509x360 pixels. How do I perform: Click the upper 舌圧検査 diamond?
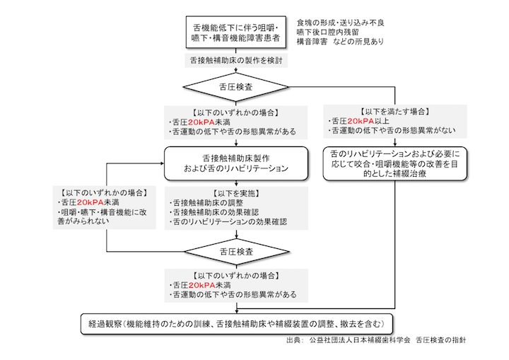(x=235, y=87)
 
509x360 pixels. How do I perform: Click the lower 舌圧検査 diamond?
(x=236, y=252)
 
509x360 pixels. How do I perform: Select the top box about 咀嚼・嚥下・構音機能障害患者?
(x=236, y=33)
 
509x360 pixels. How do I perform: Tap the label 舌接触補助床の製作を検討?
(x=236, y=61)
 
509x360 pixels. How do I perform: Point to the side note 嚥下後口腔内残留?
(x=328, y=32)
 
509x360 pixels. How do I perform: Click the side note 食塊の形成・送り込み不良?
(x=341, y=23)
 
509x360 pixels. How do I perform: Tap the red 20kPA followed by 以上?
(x=361, y=121)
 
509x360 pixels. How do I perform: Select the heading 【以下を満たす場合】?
(x=394, y=112)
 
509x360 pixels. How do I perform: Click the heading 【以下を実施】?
(x=236, y=194)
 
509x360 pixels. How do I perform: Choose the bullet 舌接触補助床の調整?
(x=206, y=203)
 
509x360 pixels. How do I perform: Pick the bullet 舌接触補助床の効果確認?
(x=214, y=212)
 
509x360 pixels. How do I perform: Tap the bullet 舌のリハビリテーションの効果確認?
(x=228, y=222)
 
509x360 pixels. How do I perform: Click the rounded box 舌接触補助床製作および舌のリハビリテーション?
(x=236, y=163)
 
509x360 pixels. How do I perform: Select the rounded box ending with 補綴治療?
(x=394, y=163)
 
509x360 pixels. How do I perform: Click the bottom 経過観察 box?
(x=236, y=324)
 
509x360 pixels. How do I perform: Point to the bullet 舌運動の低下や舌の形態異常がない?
(x=392, y=131)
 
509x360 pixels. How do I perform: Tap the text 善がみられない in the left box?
(x=83, y=221)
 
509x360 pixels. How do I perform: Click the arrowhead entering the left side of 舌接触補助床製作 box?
(x=163, y=163)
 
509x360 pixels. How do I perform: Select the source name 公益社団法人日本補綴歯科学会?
(x=360, y=340)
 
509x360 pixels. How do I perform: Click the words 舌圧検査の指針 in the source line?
(x=441, y=340)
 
